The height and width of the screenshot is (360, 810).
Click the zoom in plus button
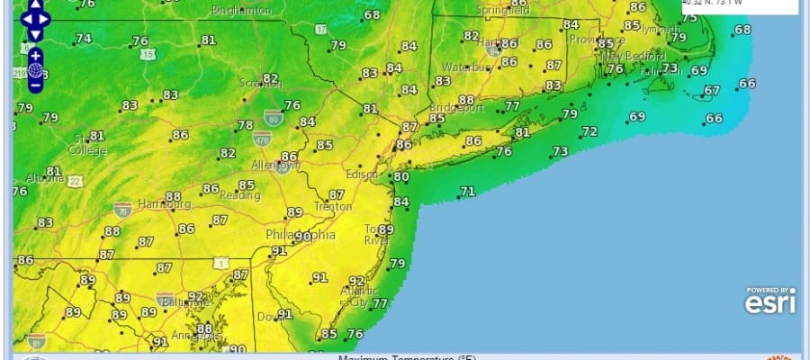[35, 55]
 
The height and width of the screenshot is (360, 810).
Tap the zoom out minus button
[35, 85]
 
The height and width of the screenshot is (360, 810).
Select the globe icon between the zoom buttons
[35, 70]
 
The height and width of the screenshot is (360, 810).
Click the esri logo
[769, 303]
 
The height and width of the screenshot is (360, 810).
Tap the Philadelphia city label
[300, 235]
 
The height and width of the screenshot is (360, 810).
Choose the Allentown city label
[274, 166]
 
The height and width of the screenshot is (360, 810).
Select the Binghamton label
[241, 11]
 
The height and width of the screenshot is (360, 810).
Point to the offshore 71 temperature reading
[467, 191]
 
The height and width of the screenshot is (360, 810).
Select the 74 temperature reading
[83, 39]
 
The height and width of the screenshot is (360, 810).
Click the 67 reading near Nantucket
[712, 90]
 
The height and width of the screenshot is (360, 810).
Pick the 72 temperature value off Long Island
[589, 131]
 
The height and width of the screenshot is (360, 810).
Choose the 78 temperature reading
[245, 125]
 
